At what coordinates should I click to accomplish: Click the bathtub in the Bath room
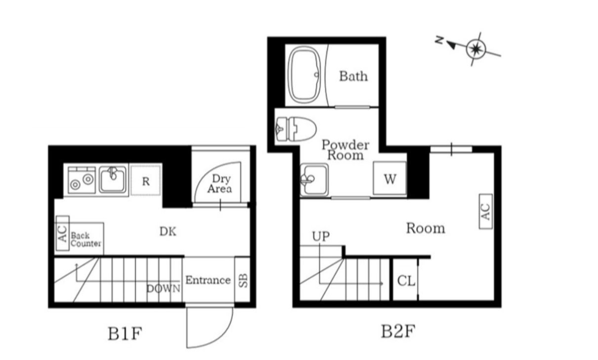[304, 75]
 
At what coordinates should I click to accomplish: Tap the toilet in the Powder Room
[296, 129]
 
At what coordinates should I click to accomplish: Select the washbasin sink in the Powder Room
[314, 180]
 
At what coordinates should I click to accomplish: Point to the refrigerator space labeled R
[146, 181]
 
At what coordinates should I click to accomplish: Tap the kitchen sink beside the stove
[112, 180]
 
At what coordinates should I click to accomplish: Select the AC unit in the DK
[63, 233]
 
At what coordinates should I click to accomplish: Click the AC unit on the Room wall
[486, 212]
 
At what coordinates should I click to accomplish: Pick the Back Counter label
[85, 239]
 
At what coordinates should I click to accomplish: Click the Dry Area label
[220, 184]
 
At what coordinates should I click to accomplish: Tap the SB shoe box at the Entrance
[243, 280]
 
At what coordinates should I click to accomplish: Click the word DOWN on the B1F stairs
[164, 288]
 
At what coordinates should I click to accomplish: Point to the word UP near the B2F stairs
[321, 236]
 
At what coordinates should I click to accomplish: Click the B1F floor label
[125, 334]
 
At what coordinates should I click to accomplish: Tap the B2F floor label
[398, 331]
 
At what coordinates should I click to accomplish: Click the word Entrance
[208, 280]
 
